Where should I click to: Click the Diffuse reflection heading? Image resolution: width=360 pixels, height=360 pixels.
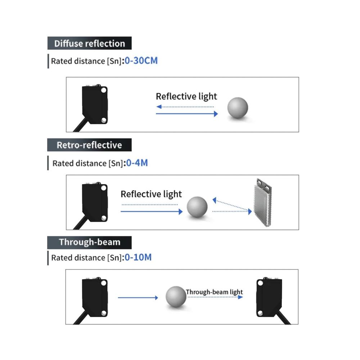[90, 44]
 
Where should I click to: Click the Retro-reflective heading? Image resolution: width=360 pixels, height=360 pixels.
[89, 145]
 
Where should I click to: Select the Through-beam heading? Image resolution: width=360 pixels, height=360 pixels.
[90, 242]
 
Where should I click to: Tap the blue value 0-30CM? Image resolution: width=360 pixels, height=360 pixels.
[141, 60]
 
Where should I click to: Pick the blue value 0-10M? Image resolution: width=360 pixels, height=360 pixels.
[138, 257]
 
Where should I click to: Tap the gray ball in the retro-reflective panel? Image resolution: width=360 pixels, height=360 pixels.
[197, 207]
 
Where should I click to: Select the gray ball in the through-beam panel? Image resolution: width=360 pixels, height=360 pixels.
[176, 297]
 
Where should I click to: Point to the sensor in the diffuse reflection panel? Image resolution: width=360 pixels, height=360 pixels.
[95, 104]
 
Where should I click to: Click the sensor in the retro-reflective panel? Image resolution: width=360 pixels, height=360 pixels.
[95, 202]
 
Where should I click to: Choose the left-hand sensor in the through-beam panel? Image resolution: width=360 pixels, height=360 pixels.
[95, 297]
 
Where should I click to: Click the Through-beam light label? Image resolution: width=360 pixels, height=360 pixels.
[215, 292]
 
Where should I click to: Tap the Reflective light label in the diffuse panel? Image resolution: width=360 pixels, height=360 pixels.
[186, 96]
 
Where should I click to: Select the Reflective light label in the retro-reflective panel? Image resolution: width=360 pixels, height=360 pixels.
[151, 194]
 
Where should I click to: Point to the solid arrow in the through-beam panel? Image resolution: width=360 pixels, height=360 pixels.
[138, 297]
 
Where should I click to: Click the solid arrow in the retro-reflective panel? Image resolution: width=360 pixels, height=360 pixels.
[152, 212]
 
